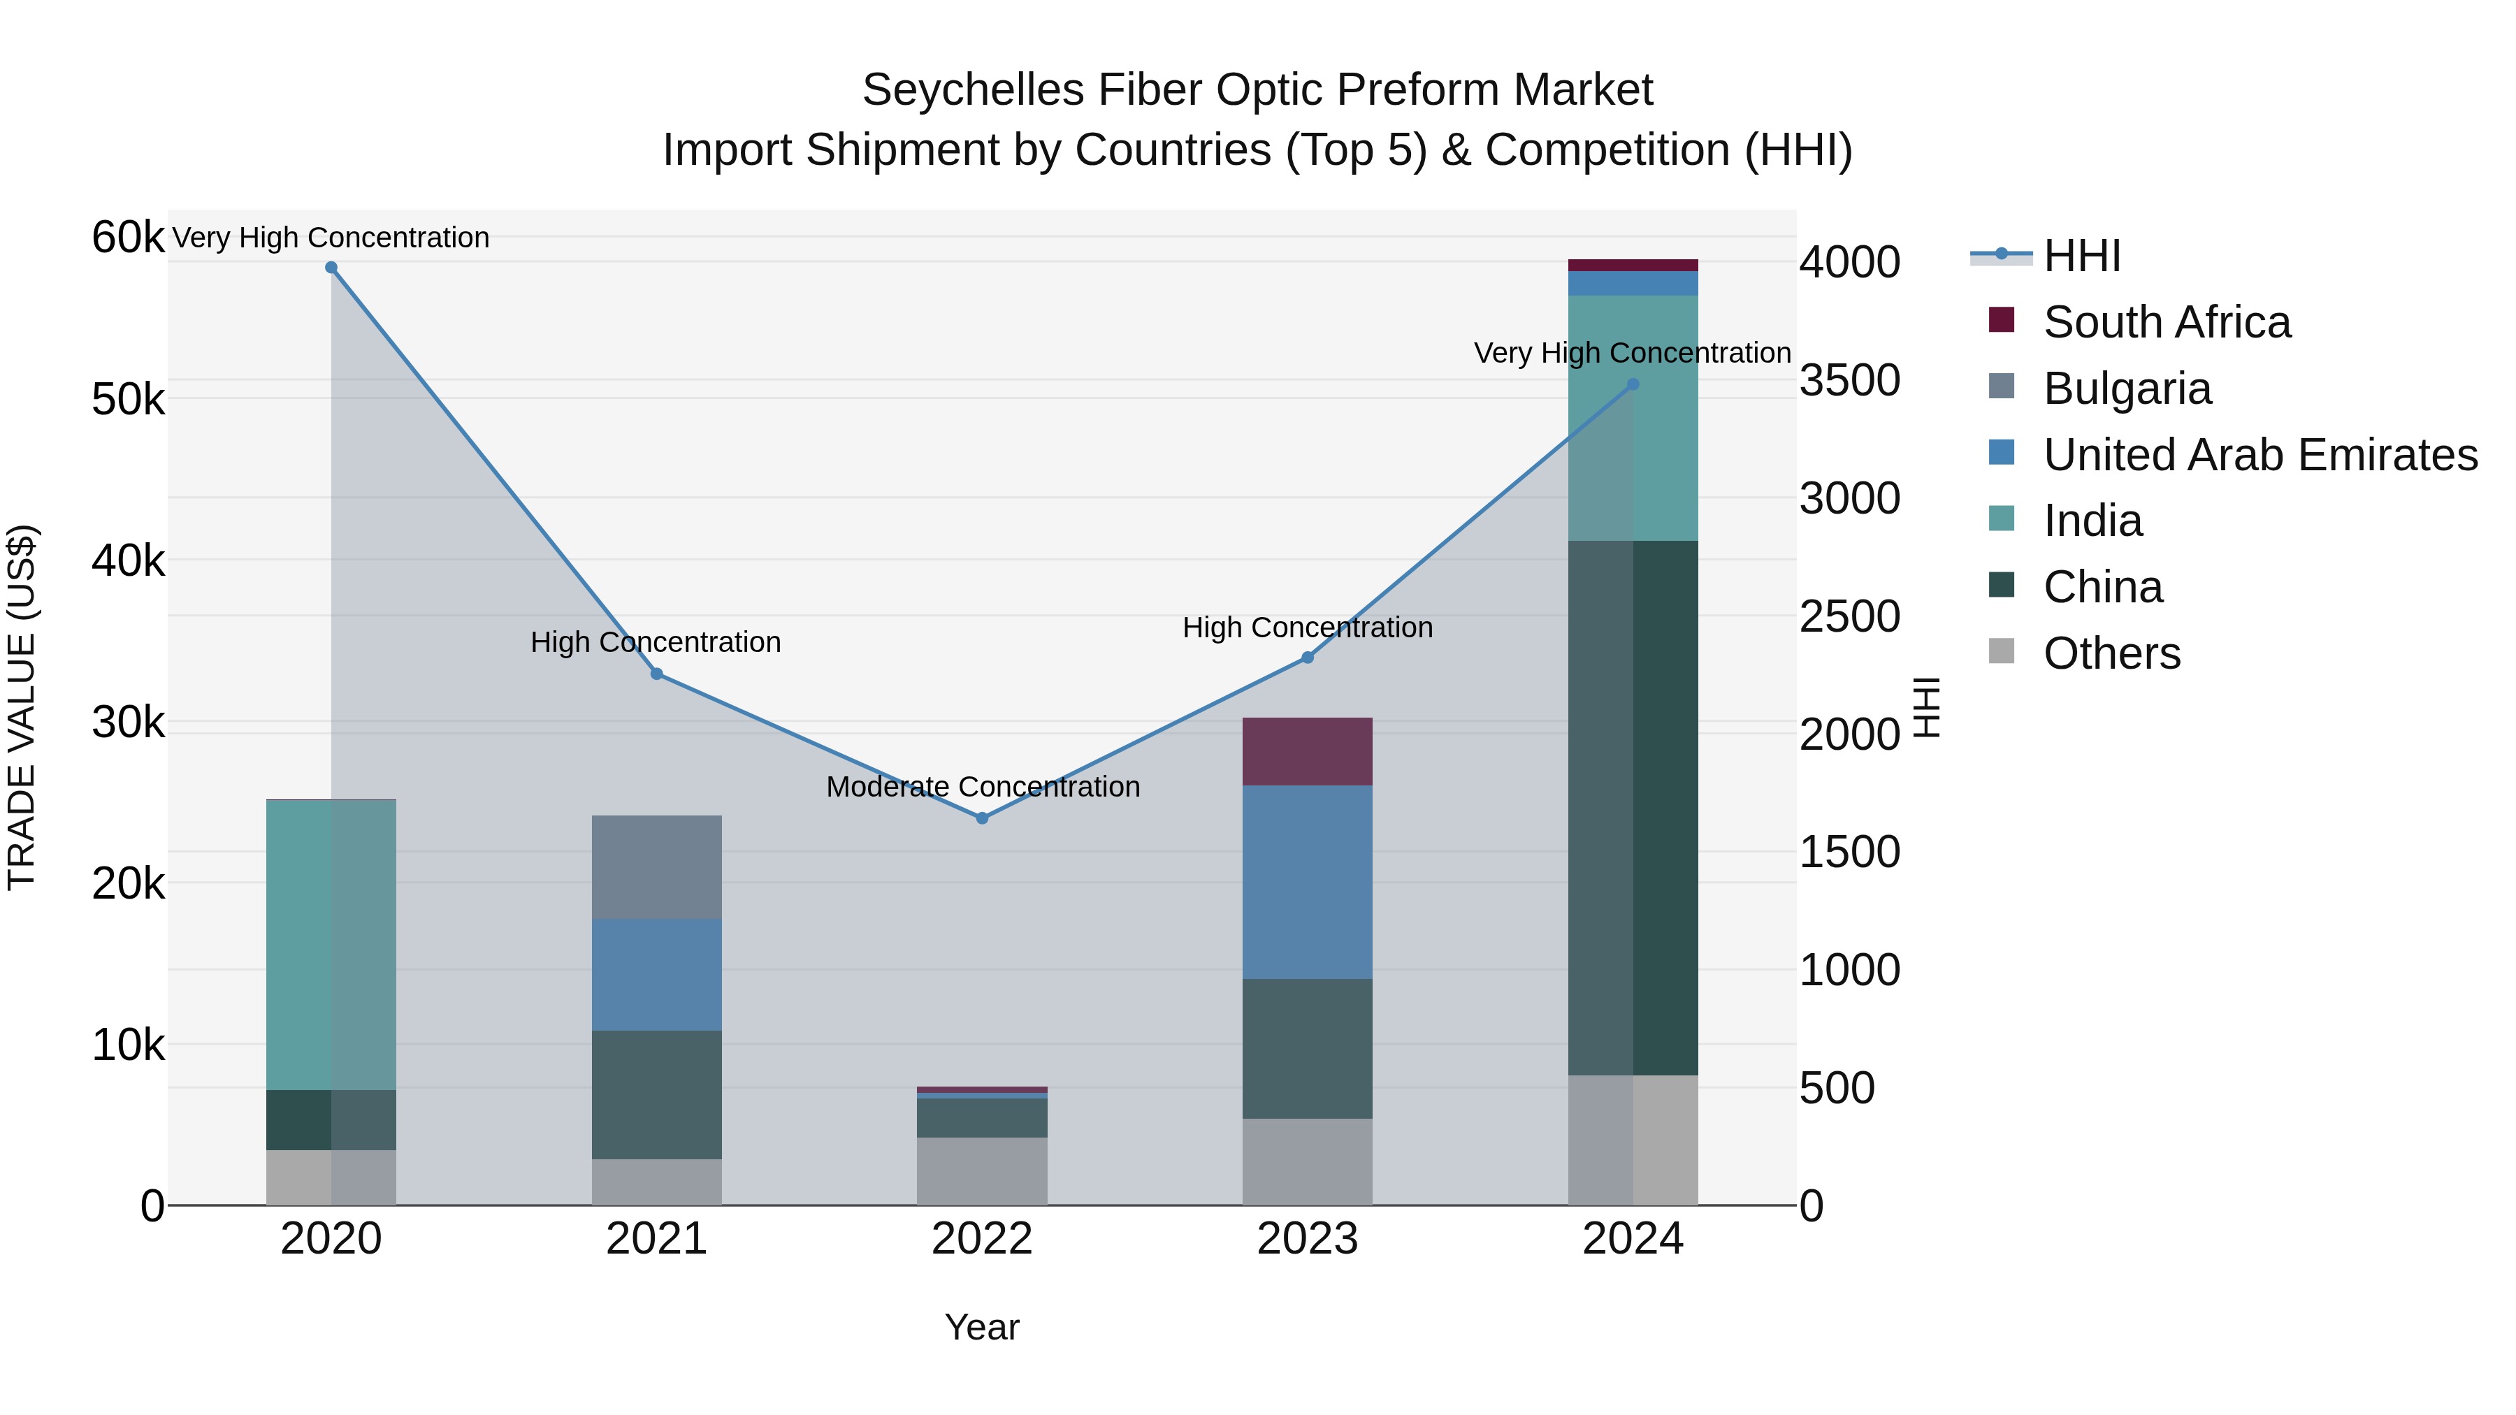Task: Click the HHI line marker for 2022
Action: tap(982, 818)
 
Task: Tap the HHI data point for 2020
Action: tap(331, 268)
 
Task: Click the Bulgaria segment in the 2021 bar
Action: tap(656, 867)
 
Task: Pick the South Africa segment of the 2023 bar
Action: tap(1307, 752)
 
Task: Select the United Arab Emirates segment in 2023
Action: tap(1307, 882)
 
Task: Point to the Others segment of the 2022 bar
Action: tap(982, 1171)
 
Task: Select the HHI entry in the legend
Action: tap(2081, 256)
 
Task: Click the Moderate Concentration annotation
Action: tap(983, 787)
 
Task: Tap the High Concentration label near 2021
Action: tap(656, 643)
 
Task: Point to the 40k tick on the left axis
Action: tap(128, 562)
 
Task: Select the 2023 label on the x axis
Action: tap(1307, 1239)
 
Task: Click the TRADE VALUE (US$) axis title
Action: tap(22, 707)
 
